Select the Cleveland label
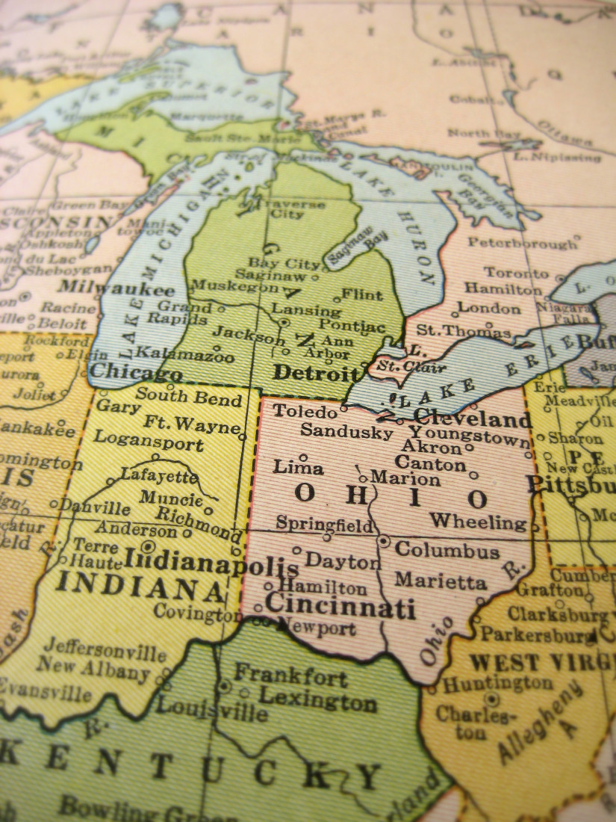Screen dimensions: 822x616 coord(472,416)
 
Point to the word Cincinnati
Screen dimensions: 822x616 coord(340,606)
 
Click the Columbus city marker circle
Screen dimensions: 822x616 coord(383,540)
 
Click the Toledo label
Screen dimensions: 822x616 coord(305,410)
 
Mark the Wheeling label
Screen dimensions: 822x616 coord(478,522)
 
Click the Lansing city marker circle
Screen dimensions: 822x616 coord(284,323)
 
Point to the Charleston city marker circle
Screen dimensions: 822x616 coord(491,699)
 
